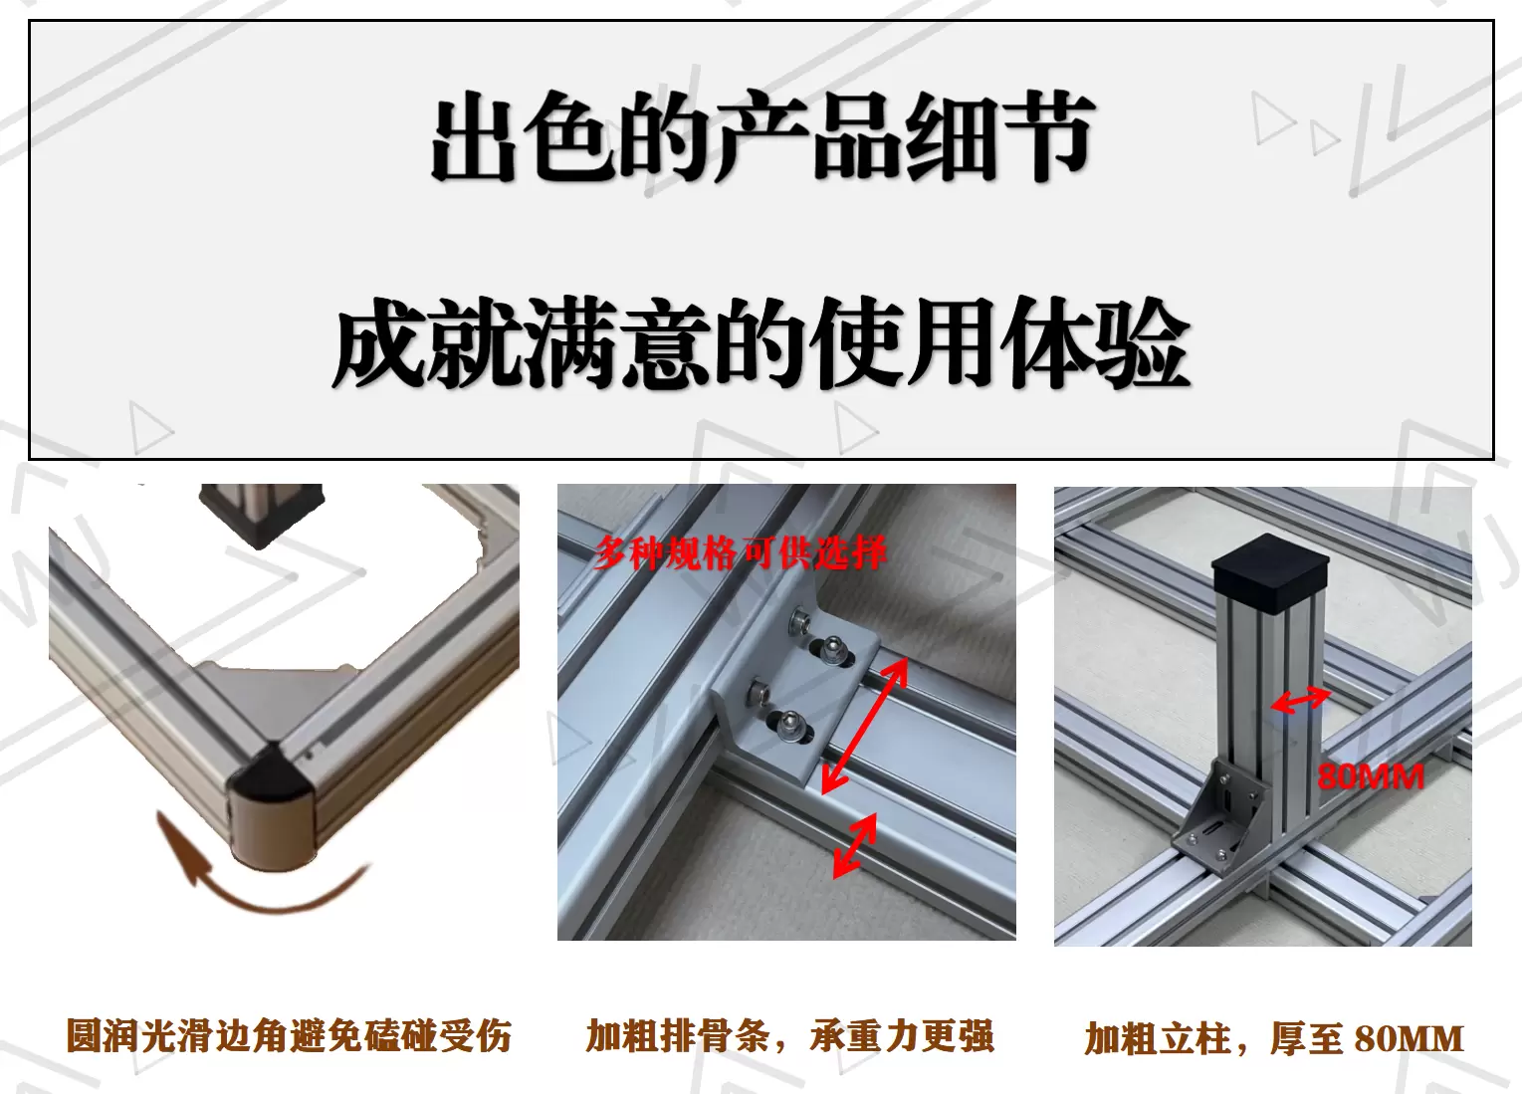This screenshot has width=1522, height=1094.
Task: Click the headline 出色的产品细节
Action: [x=761, y=139]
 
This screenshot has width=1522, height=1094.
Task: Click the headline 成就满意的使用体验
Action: [x=761, y=344]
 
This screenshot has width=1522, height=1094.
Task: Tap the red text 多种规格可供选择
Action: [x=740, y=553]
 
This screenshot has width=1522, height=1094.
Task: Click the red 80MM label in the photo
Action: [x=1370, y=776]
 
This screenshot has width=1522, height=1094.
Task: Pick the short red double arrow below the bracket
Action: [x=855, y=845]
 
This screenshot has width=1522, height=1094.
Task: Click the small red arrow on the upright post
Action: [x=1300, y=701]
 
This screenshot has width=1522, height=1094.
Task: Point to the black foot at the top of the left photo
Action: [x=262, y=513]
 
